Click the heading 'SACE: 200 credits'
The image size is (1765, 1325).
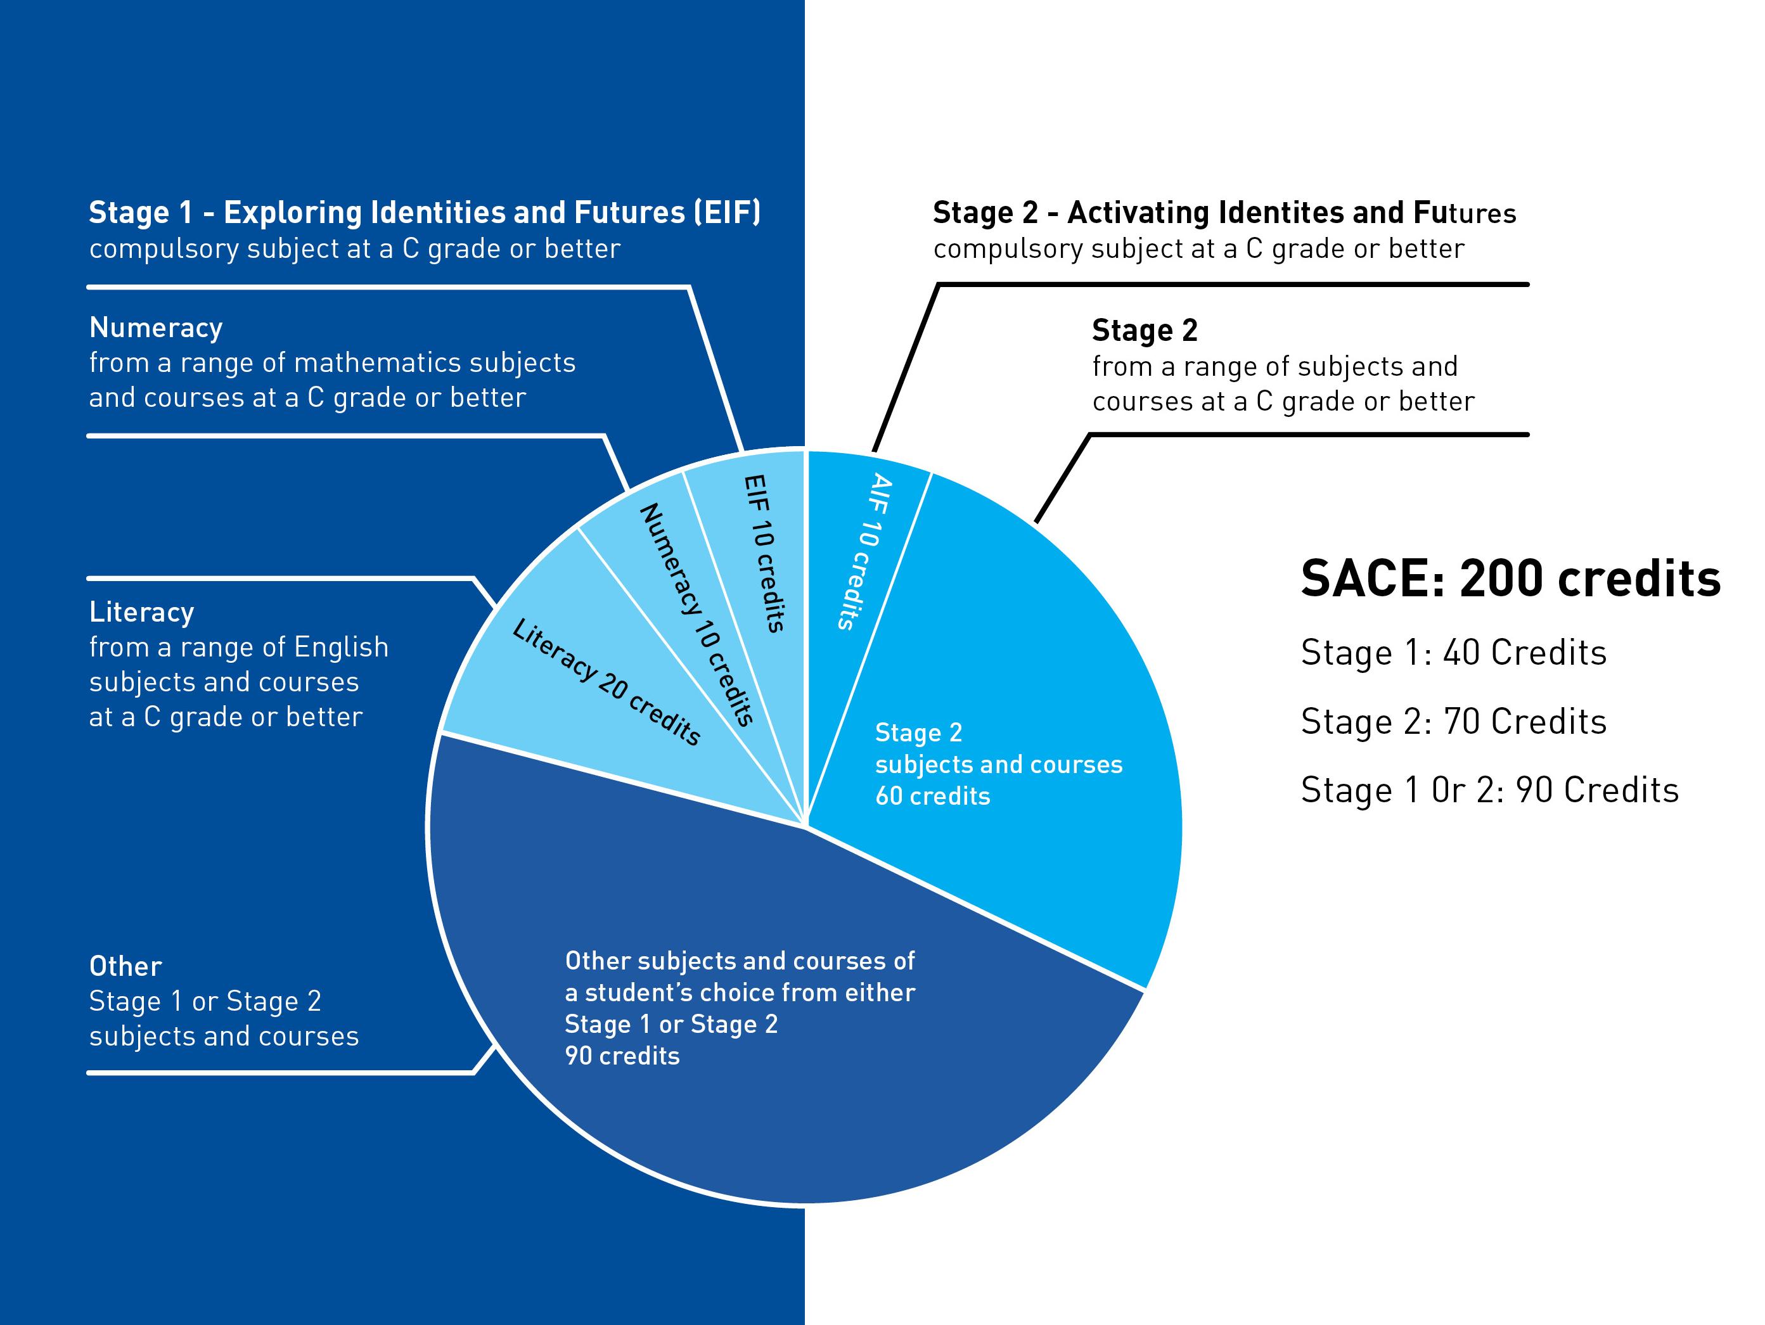tap(1510, 579)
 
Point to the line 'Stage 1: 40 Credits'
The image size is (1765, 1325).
tap(1453, 653)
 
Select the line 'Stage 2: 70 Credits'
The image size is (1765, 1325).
tap(1453, 721)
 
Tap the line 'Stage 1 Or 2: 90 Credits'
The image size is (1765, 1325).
tap(1489, 790)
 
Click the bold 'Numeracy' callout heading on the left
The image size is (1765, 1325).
tap(156, 328)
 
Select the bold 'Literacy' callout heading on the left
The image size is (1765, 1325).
tap(142, 612)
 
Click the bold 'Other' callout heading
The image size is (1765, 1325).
tap(125, 966)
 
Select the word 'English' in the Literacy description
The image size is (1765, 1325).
tap(341, 647)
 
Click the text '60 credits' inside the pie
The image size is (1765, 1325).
tap(932, 795)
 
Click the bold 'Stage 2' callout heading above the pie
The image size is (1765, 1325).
tap(1144, 330)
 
